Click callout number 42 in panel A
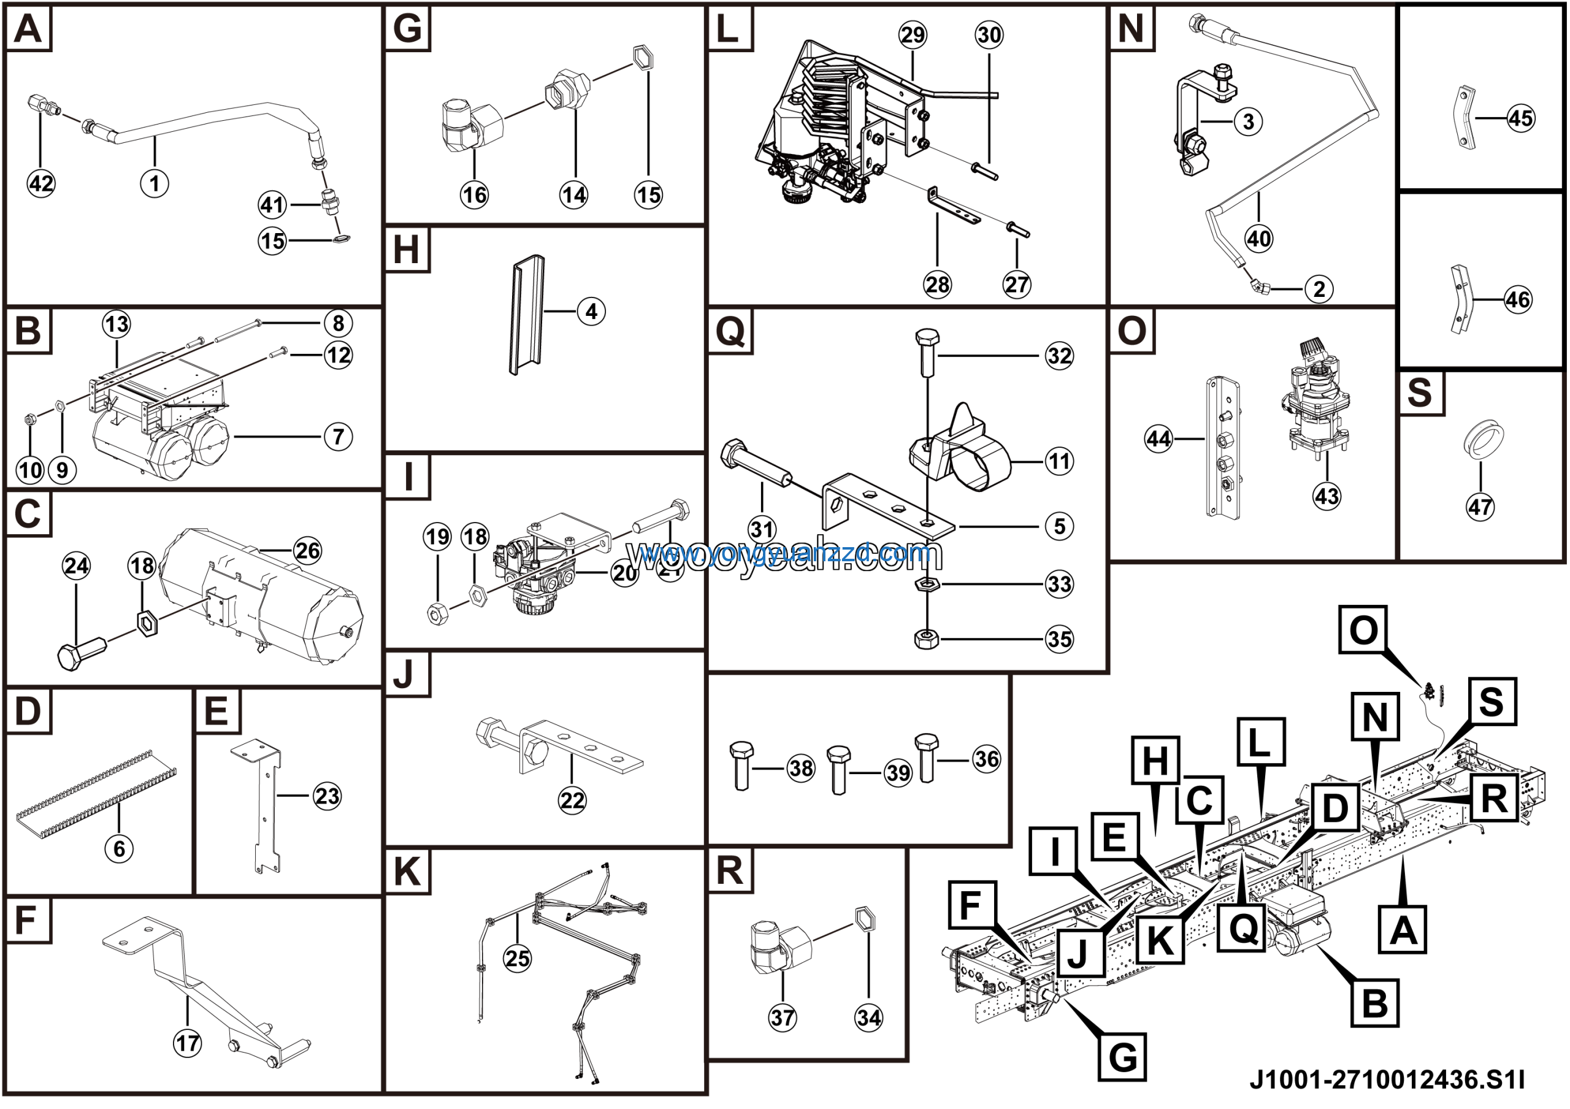point(41,183)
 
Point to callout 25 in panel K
point(517,958)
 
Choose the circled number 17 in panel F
point(188,1043)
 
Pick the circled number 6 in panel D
point(119,848)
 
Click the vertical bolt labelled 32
point(927,353)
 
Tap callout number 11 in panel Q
point(1059,461)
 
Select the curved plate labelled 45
point(1461,118)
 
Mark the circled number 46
point(1518,299)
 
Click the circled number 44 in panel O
point(1158,439)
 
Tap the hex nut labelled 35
point(927,639)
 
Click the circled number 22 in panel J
point(572,800)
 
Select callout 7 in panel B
point(339,436)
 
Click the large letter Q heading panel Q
point(730,331)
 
